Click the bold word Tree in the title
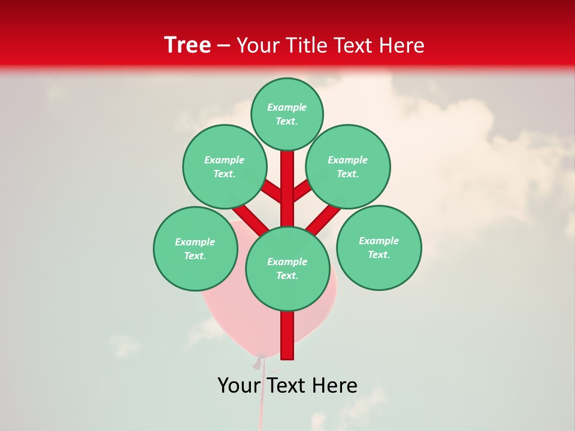(187, 45)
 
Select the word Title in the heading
(305, 45)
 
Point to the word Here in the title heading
(401, 45)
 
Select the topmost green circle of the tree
(287, 114)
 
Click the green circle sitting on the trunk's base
(287, 269)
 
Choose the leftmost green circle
(195, 248)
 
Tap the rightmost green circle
(379, 247)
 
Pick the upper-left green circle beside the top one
(225, 166)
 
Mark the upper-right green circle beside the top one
(348, 166)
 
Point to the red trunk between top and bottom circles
(287, 192)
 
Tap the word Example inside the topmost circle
(287, 107)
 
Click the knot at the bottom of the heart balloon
(259, 361)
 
